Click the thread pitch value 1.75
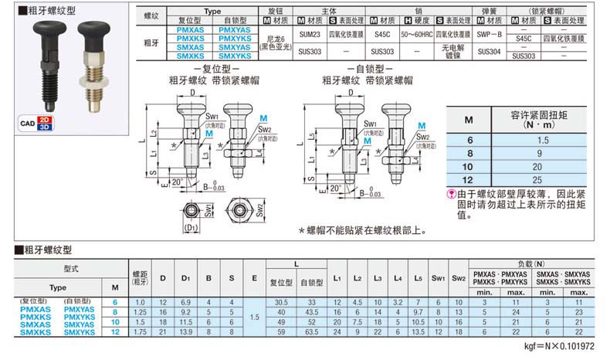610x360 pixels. (x=140, y=331)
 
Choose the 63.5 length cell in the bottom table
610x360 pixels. (x=312, y=331)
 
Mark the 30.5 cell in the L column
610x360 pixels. (x=281, y=301)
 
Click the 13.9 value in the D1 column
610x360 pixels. (x=185, y=331)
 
